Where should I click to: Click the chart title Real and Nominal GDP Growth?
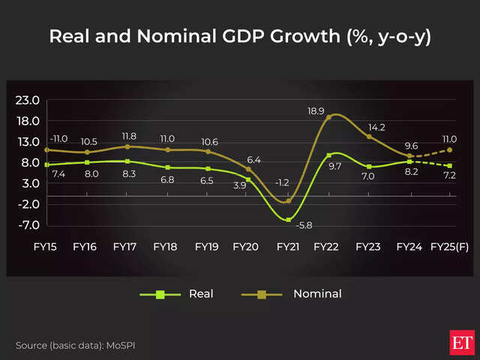pyautogui.click(x=240, y=37)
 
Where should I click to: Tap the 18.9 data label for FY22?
pyautogui.click(x=316, y=111)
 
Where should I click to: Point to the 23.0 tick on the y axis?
pyautogui.click(x=28, y=100)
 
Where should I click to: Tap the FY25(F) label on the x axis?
pyautogui.click(x=450, y=246)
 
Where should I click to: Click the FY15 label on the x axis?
pyautogui.click(x=46, y=246)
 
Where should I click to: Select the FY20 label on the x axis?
pyautogui.click(x=247, y=246)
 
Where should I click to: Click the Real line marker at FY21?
pyautogui.click(x=289, y=220)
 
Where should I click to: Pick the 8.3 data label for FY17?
pyautogui.click(x=127, y=174)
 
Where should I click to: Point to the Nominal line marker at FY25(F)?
pyautogui.click(x=450, y=150)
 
